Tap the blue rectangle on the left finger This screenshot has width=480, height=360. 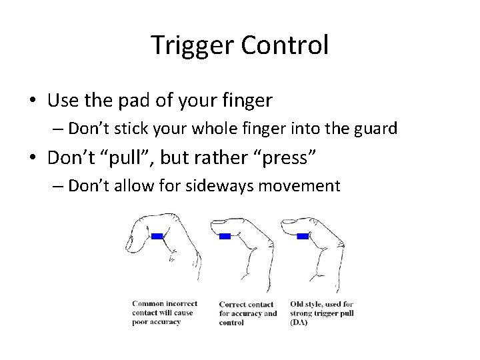coord(157,236)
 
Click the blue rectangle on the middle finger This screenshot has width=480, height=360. coord(225,236)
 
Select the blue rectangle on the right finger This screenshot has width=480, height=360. coord(303,236)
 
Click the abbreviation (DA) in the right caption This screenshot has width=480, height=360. coord(299,322)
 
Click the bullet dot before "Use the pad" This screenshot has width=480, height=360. coord(33,101)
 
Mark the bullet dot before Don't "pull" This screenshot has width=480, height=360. coord(33,158)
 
